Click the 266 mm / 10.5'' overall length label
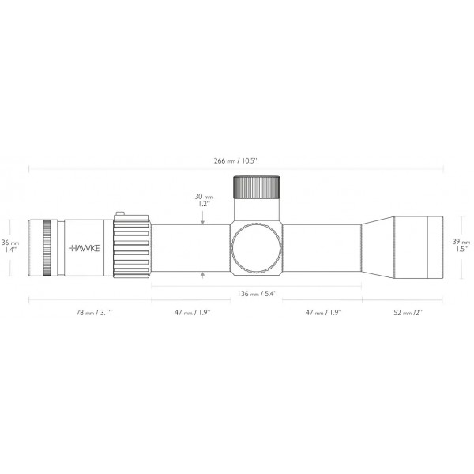(236, 160)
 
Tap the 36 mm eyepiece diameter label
(10, 246)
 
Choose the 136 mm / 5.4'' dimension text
(257, 293)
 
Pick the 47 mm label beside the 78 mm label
(191, 313)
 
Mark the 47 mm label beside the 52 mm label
(323, 313)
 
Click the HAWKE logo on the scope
(85, 247)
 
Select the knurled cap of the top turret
(257, 188)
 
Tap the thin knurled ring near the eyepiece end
(50, 247)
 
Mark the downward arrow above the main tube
(204, 220)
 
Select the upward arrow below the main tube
(204, 273)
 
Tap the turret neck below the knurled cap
(257, 210)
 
